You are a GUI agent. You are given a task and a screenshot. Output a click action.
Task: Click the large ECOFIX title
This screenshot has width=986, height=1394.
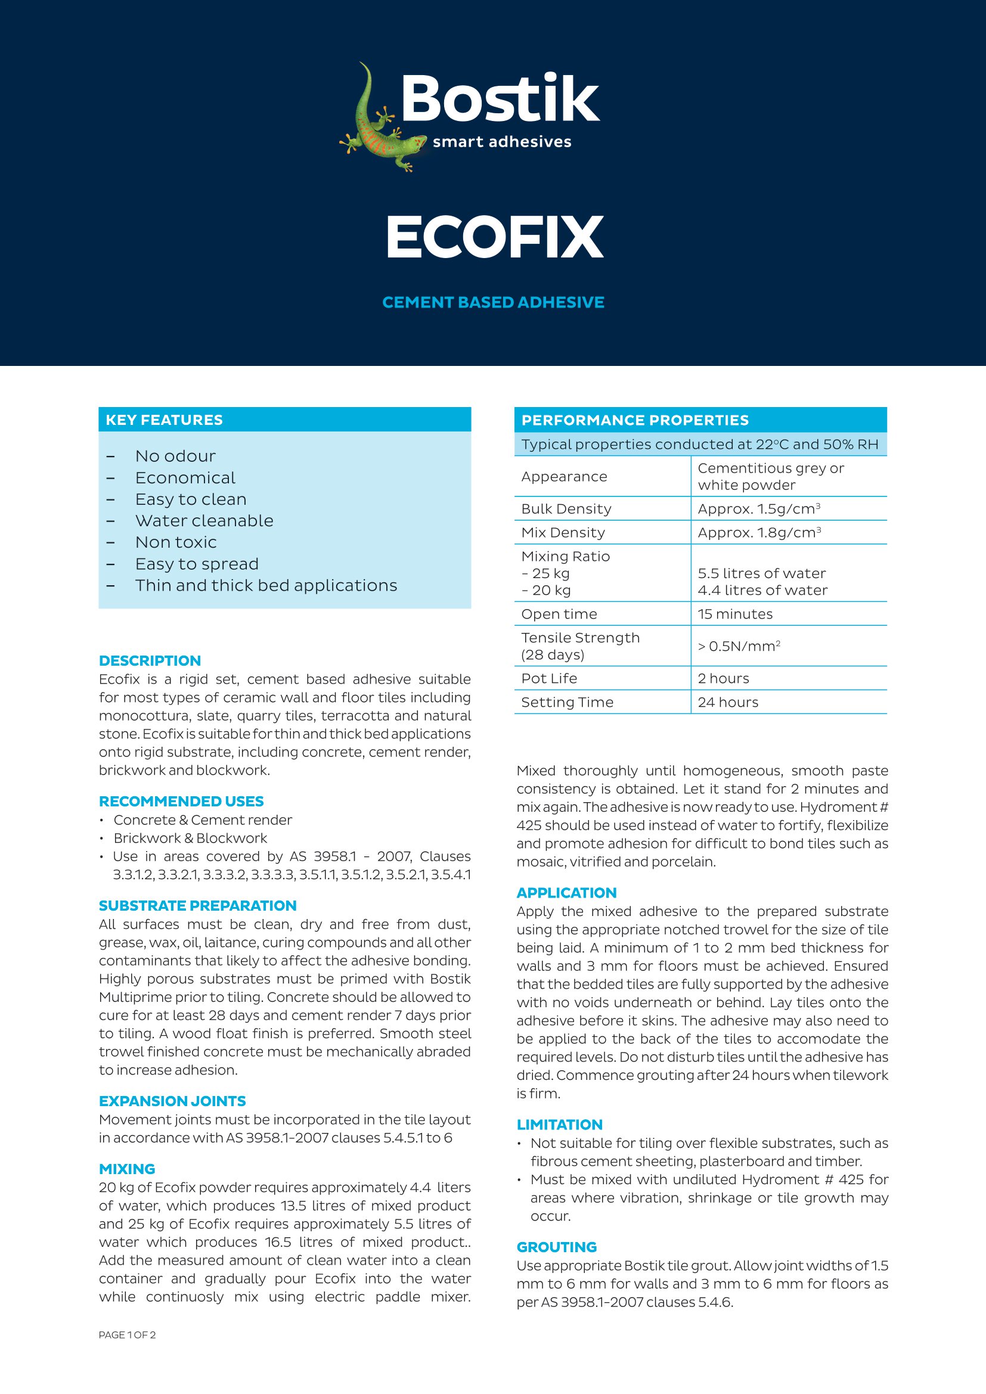(x=494, y=237)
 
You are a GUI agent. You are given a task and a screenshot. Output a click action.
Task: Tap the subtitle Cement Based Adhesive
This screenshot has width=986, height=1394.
(x=493, y=302)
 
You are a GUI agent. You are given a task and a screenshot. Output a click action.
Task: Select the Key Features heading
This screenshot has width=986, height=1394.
(x=164, y=420)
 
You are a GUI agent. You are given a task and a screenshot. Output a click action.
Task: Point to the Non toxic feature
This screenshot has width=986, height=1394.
(x=175, y=542)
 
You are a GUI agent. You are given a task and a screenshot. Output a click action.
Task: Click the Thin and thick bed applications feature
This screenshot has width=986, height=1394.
(x=266, y=585)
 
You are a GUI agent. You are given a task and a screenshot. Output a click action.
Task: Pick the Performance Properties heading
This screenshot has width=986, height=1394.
(x=635, y=420)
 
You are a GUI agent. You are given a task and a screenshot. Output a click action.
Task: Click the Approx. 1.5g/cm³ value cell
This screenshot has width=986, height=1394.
(x=759, y=509)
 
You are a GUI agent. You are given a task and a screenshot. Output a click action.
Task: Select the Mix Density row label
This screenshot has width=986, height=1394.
(x=563, y=532)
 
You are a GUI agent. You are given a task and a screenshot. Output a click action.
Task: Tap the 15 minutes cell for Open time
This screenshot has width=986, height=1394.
(x=734, y=614)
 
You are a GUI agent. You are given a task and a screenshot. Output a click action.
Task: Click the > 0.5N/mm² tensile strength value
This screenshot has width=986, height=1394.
(x=738, y=646)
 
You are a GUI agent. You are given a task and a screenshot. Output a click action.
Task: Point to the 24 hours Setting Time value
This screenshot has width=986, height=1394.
(x=728, y=702)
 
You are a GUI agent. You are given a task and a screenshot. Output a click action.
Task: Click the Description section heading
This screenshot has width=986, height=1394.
(x=150, y=660)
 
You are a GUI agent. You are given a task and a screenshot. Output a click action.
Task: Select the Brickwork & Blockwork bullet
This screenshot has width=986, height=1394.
(x=190, y=838)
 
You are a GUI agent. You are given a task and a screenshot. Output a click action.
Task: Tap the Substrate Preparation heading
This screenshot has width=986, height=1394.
(x=197, y=905)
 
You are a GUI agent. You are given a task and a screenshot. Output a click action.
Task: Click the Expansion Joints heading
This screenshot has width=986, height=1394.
(x=172, y=1101)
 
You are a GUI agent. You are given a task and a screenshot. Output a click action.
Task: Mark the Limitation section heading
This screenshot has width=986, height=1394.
(x=559, y=1125)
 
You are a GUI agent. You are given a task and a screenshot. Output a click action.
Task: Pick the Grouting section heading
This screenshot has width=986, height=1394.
(x=557, y=1247)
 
